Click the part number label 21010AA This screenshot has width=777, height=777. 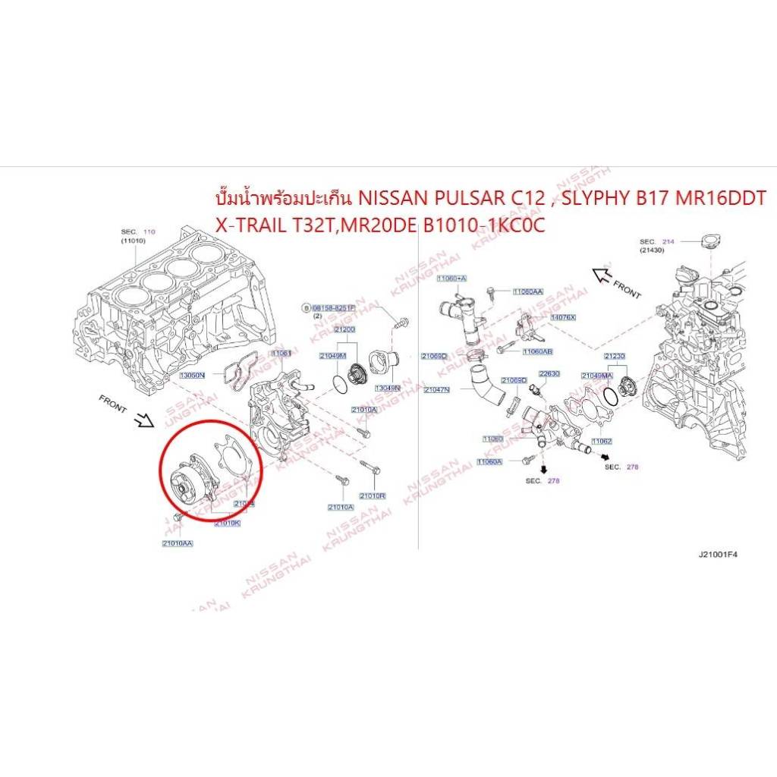177,543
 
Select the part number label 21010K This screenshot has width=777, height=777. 227,523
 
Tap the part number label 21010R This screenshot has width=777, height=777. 372,495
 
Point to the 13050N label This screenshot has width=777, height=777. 193,375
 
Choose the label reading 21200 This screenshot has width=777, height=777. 344,329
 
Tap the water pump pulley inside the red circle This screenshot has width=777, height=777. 182,480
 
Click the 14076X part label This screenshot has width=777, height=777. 562,317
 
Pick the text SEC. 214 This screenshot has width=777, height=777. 657,241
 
